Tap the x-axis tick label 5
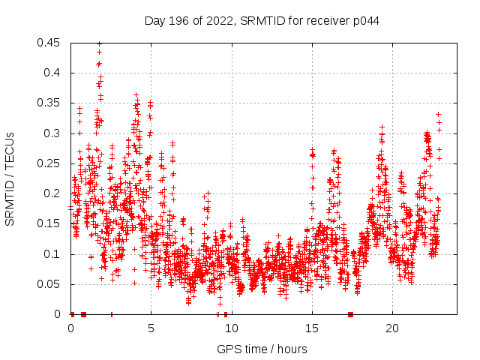151,328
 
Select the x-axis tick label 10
231,328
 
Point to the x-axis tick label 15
311,328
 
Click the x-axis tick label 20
391,328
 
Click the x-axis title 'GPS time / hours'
262,349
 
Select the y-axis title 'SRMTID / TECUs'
10,178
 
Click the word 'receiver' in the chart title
330,21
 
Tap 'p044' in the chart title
366,21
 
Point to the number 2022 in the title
218,21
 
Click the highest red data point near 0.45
99,43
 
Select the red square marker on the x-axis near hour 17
350,314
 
